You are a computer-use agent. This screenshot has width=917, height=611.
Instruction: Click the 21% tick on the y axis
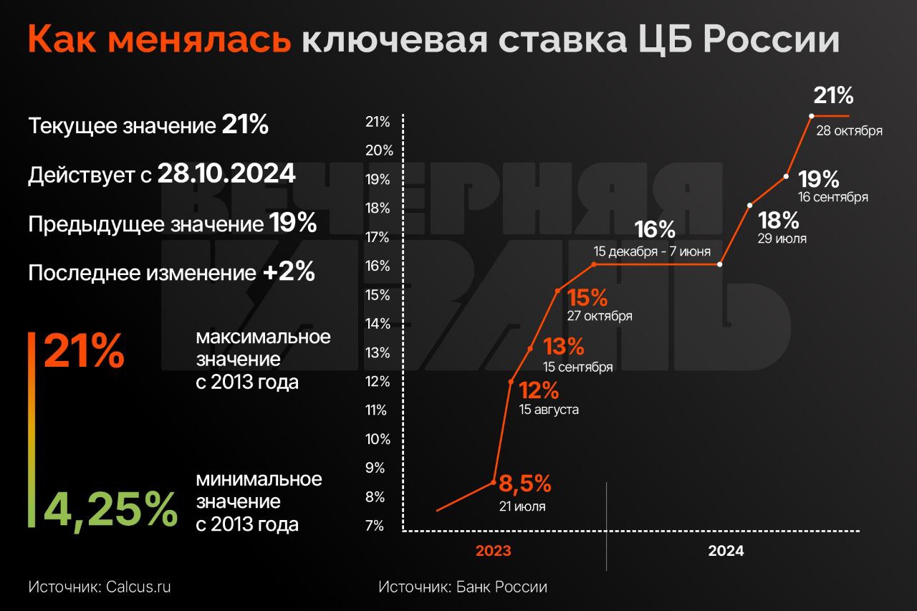pos(378,122)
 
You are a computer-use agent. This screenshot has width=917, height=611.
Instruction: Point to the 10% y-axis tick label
pos(378,439)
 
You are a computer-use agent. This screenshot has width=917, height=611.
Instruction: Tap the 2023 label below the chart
pos(494,551)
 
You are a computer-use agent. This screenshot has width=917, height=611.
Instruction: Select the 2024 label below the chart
pos(726,551)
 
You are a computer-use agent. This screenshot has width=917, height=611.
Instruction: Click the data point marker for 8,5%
pos(494,482)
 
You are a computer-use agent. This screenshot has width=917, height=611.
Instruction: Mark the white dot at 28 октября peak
pos(811,115)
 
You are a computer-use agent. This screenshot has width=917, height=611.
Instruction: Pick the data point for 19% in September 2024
pos(787,175)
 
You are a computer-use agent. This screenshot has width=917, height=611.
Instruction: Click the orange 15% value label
pos(587,297)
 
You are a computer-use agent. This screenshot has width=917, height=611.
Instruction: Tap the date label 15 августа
pos(549,410)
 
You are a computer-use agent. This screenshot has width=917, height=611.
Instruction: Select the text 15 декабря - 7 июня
pos(652,251)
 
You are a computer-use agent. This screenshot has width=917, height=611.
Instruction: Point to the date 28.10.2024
pos(226,174)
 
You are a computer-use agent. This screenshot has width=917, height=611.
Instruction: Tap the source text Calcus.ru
pos(138,587)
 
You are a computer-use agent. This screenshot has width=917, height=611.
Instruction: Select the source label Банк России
pos(501,587)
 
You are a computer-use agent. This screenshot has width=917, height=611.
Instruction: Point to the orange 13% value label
pos(564,347)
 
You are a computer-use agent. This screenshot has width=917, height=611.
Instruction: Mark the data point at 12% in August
pos(511,381)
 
